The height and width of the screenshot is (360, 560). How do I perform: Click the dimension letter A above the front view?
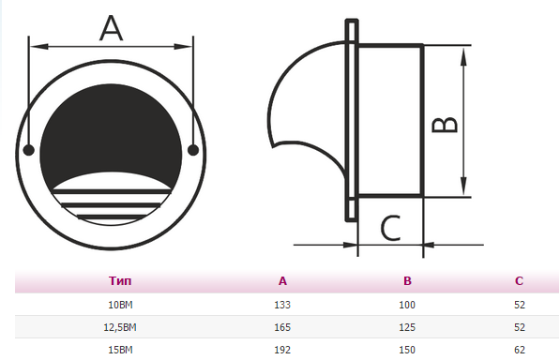pos(112,28)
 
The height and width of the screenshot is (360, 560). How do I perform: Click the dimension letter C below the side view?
pos(390,229)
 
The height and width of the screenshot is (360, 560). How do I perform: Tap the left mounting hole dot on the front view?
pos(28,150)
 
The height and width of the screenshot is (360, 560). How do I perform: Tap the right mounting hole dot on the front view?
pos(193,150)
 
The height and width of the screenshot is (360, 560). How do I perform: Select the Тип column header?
pos(120,281)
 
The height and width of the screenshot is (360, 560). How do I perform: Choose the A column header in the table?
pos(282,281)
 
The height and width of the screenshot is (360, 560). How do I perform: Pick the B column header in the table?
pos(407,281)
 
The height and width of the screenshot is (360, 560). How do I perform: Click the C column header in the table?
pos(519,281)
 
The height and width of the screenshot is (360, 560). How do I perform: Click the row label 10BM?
pos(120,305)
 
